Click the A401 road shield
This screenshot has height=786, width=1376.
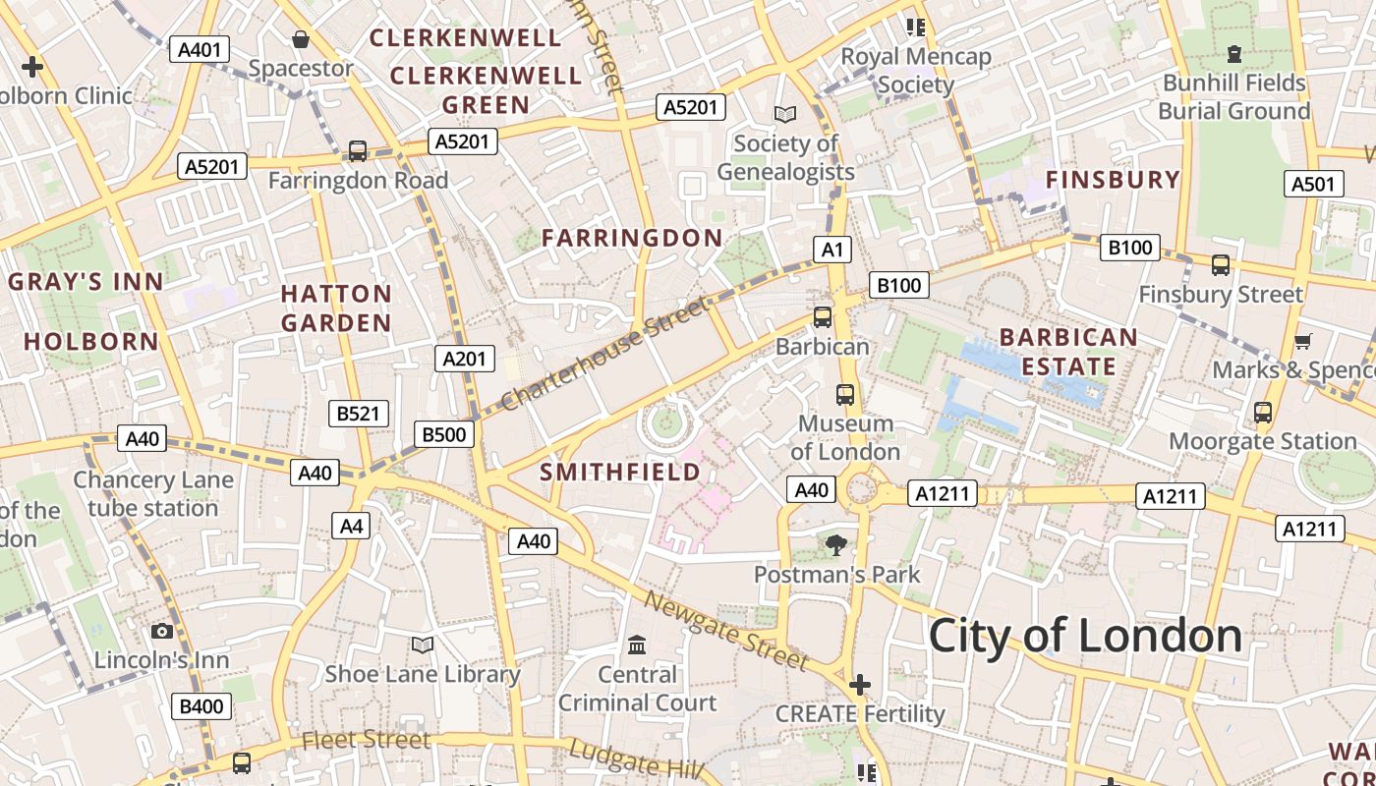click(200, 49)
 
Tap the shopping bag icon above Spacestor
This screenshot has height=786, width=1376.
click(301, 39)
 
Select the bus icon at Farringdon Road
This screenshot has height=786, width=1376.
click(358, 151)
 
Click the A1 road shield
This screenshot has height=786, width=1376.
click(832, 250)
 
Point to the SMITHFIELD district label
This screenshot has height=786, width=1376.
click(620, 472)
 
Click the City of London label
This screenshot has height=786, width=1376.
click(1085, 636)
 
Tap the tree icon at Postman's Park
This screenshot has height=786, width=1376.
click(836, 544)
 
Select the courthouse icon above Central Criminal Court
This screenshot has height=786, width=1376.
click(637, 646)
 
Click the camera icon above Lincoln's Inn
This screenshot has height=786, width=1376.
click(162, 631)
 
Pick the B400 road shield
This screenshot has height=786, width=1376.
click(201, 705)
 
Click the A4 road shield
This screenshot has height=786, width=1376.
click(351, 526)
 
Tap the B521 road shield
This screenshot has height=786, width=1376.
click(358, 414)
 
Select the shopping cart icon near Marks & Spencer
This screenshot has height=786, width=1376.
click(1303, 341)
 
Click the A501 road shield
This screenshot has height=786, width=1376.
click(1313, 184)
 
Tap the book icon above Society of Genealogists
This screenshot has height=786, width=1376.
click(784, 115)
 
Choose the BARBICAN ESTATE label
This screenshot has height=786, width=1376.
click(1068, 352)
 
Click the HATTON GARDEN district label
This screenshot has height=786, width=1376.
click(336, 308)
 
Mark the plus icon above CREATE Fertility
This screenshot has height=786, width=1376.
click(860, 684)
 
